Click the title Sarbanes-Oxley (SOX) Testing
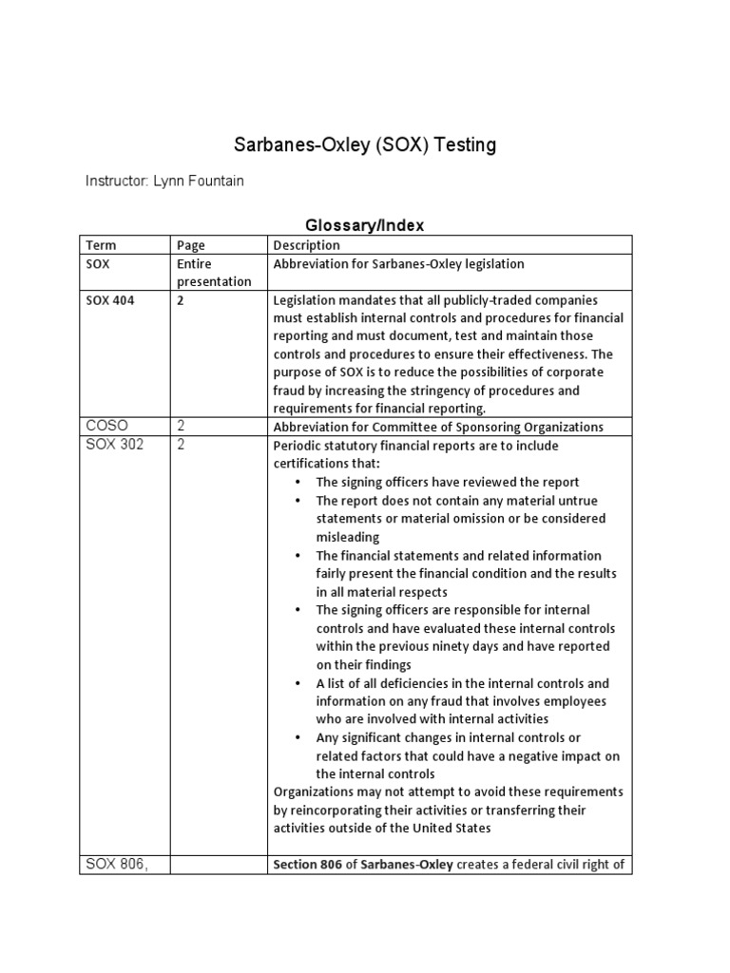click(365, 145)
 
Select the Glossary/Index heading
click(364, 225)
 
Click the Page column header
click(191, 245)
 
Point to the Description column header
click(306, 245)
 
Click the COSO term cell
click(106, 427)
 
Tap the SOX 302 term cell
click(114, 445)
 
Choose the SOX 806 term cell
click(115, 864)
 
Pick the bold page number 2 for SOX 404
click(181, 300)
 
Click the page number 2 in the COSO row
click(181, 427)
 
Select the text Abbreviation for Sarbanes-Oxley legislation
click(398, 264)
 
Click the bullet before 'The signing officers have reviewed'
click(299, 483)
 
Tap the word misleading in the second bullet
click(348, 537)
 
